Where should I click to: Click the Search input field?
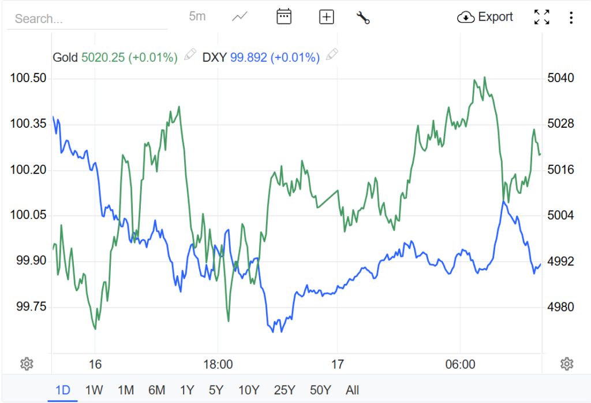[x=87, y=19]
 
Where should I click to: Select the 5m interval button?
[x=197, y=17]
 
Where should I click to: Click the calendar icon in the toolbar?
[x=283, y=17]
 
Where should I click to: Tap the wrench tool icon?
[x=363, y=17]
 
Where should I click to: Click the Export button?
[x=485, y=17]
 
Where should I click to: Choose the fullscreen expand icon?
[x=541, y=17]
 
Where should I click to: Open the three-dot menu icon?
[x=571, y=17]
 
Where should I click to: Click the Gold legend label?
[x=65, y=57]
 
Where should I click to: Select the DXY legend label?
[x=215, y=57]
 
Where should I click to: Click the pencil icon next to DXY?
[x=332, y=56]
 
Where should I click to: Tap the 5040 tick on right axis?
[x=560, y=78]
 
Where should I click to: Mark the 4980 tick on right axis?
[x=560, y=306]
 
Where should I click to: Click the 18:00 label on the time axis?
[x=218, y=364]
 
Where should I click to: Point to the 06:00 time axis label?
[x=461, y=364]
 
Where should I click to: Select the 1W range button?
[x=94, y=390]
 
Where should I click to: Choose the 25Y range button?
[x=284, y=390]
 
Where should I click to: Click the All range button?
[x=352, y=390]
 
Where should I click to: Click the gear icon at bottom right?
[x=567, y=364]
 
